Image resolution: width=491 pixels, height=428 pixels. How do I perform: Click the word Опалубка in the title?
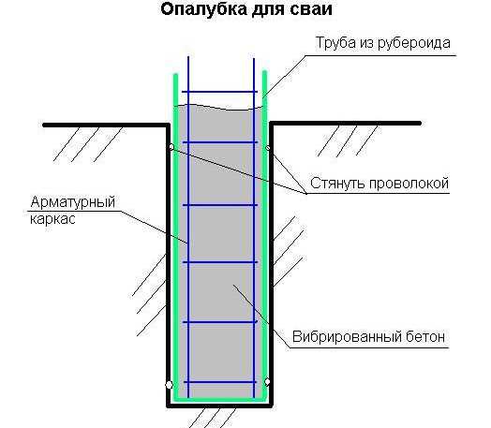(x=204, y=9)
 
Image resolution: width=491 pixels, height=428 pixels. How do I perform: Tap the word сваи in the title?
(x=311, y=9)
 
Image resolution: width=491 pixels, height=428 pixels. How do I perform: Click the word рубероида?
(x=414, y=43)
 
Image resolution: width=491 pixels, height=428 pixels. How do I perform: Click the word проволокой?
(x=409, y=184)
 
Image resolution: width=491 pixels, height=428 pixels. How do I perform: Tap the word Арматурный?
(x=73, y=202)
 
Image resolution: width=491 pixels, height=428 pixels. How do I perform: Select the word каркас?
(x=52, y=219)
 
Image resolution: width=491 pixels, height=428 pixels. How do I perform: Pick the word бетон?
(x=425, y=337)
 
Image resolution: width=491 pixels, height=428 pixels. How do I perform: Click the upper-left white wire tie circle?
(x=171, y=147)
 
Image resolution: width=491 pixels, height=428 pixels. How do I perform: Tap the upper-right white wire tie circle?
(x=268, y=148)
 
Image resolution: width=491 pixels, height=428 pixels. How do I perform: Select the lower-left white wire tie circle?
(x=169, y=385)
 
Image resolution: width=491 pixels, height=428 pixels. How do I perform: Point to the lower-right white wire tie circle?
(x=267, y=382)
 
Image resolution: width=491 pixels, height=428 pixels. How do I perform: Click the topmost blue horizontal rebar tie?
(x=219, y=92)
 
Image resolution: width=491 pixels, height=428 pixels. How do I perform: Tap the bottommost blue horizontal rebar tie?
(x=220, y=382)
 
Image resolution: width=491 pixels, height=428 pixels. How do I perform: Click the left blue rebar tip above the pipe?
(x=188, y=57)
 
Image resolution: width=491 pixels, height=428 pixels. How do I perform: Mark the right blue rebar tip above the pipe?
(x=254, y=58)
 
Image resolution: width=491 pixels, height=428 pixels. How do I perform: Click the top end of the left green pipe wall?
(x=175, y=75)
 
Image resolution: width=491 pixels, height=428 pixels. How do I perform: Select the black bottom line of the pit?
(x=219, y=406)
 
